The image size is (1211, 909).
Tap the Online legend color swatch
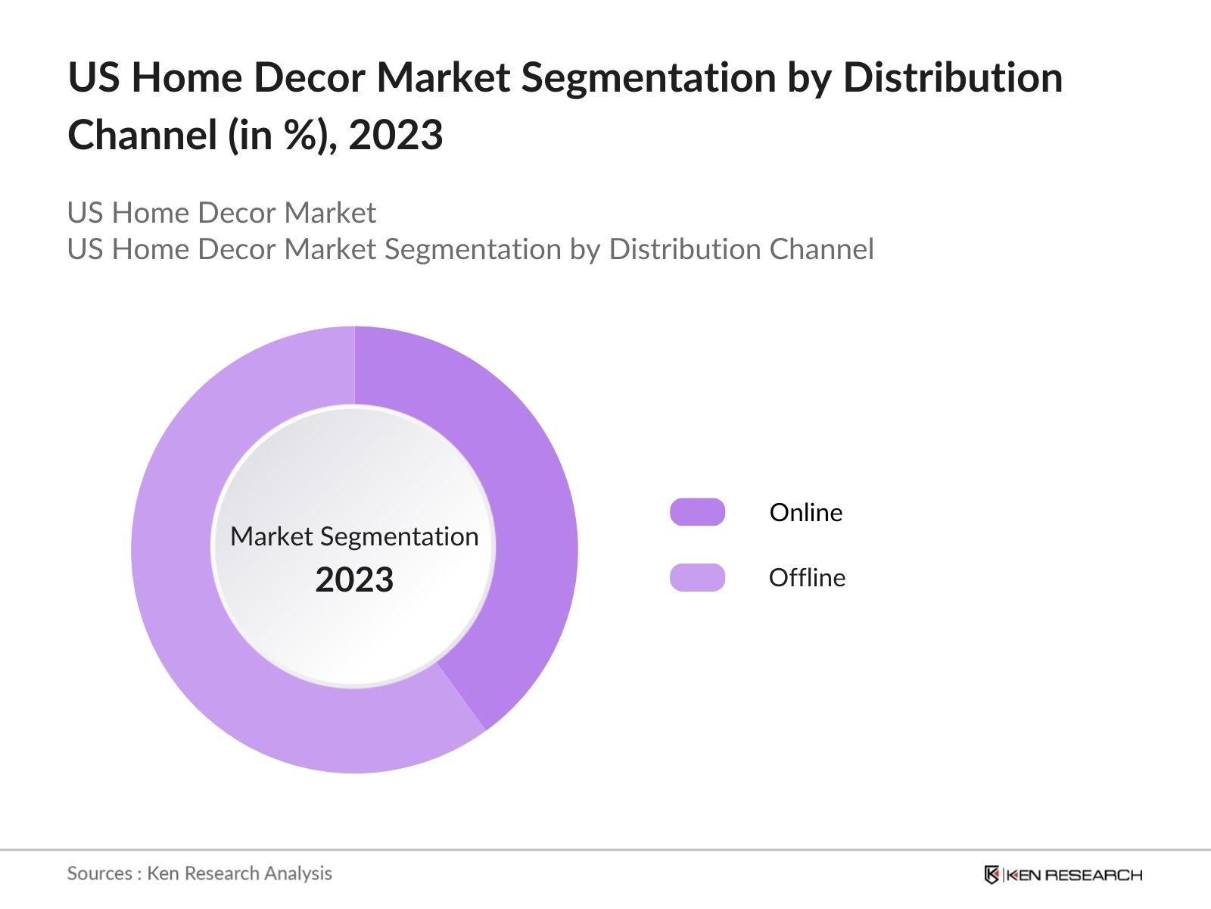coord(697,512)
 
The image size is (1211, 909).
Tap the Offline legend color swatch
coord(697,577)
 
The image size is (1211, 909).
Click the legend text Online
coord(806,513)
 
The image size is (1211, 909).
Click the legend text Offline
coord(807,578)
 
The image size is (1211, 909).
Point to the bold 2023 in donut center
coord(354,580)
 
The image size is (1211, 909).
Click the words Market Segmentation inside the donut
coord(354,536)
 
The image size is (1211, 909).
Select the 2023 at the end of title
coord(396,136)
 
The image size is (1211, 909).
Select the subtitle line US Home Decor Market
coord(221,213)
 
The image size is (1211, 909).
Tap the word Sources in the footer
coord(100,873)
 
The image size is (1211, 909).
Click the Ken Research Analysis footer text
coord(239,873)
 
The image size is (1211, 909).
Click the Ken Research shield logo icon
coord(992,875)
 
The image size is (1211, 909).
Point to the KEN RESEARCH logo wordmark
coord(1074,875)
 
